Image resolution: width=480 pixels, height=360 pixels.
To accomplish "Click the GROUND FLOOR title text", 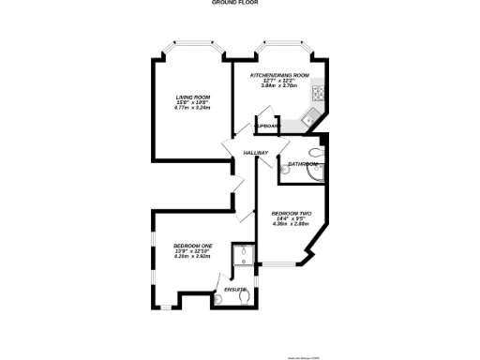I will point(239,4).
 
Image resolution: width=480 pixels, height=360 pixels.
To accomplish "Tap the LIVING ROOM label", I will point(191,97).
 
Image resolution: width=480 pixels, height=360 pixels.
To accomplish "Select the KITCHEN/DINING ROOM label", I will point(279,75).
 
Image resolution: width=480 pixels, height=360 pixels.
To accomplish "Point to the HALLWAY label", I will point(256,153).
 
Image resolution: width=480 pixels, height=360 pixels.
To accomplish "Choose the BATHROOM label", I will point(302,164).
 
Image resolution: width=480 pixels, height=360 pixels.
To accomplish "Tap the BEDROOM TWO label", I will point(291,213).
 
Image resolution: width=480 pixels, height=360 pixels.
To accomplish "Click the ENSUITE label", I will point(235,290).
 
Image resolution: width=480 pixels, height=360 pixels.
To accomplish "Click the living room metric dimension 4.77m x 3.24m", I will point(191,108).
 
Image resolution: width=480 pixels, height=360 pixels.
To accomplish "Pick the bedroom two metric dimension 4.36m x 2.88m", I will point(291,224).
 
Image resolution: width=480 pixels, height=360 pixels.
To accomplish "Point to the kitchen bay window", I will point(279,43).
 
